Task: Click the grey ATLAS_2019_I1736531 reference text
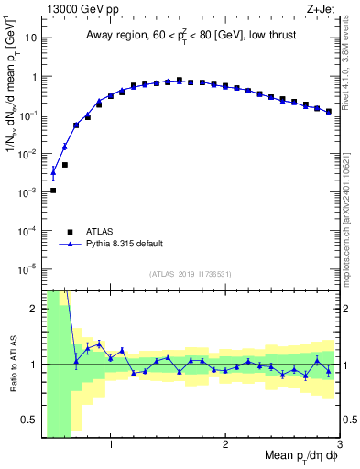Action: coord(191,274)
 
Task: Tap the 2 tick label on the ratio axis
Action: coord(34,310)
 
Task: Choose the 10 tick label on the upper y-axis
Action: coord(29,39)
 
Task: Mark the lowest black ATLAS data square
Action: coord(53,191)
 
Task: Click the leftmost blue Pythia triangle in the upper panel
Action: coord(53,170)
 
